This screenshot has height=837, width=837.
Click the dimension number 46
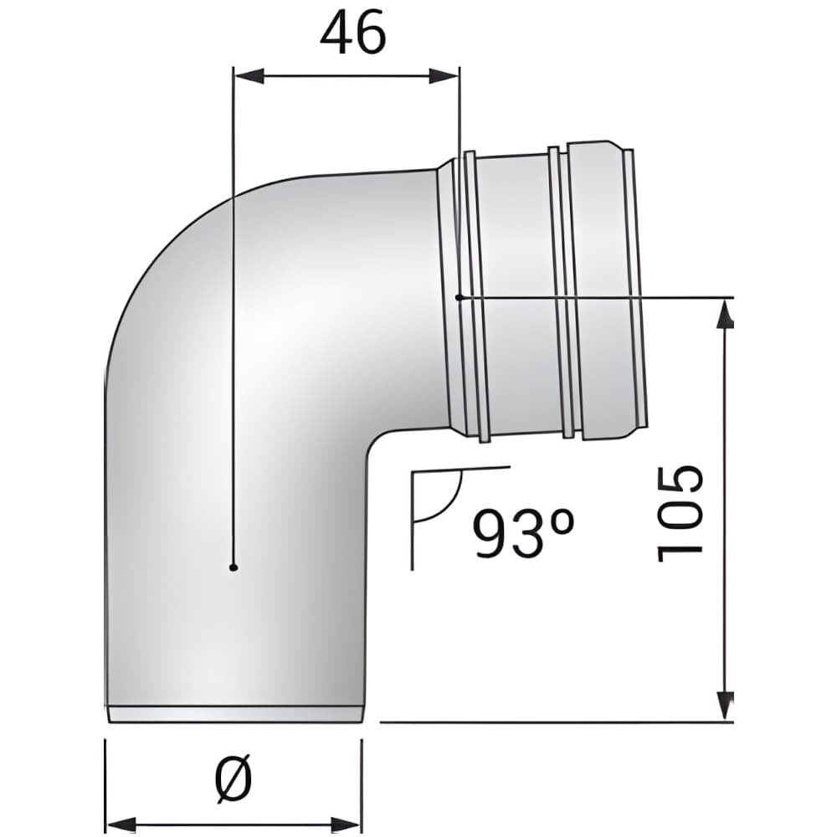click(x=352, y=32)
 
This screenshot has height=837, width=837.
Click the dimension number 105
click(x=679, y=514)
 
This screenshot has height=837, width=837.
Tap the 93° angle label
click(x=524, y=532)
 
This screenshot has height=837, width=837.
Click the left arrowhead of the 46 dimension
click(x=249, y=76)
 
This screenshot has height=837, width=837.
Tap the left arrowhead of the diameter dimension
click(x=121, y=824)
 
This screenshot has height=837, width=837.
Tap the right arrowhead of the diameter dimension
click(x=347, y=824)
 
